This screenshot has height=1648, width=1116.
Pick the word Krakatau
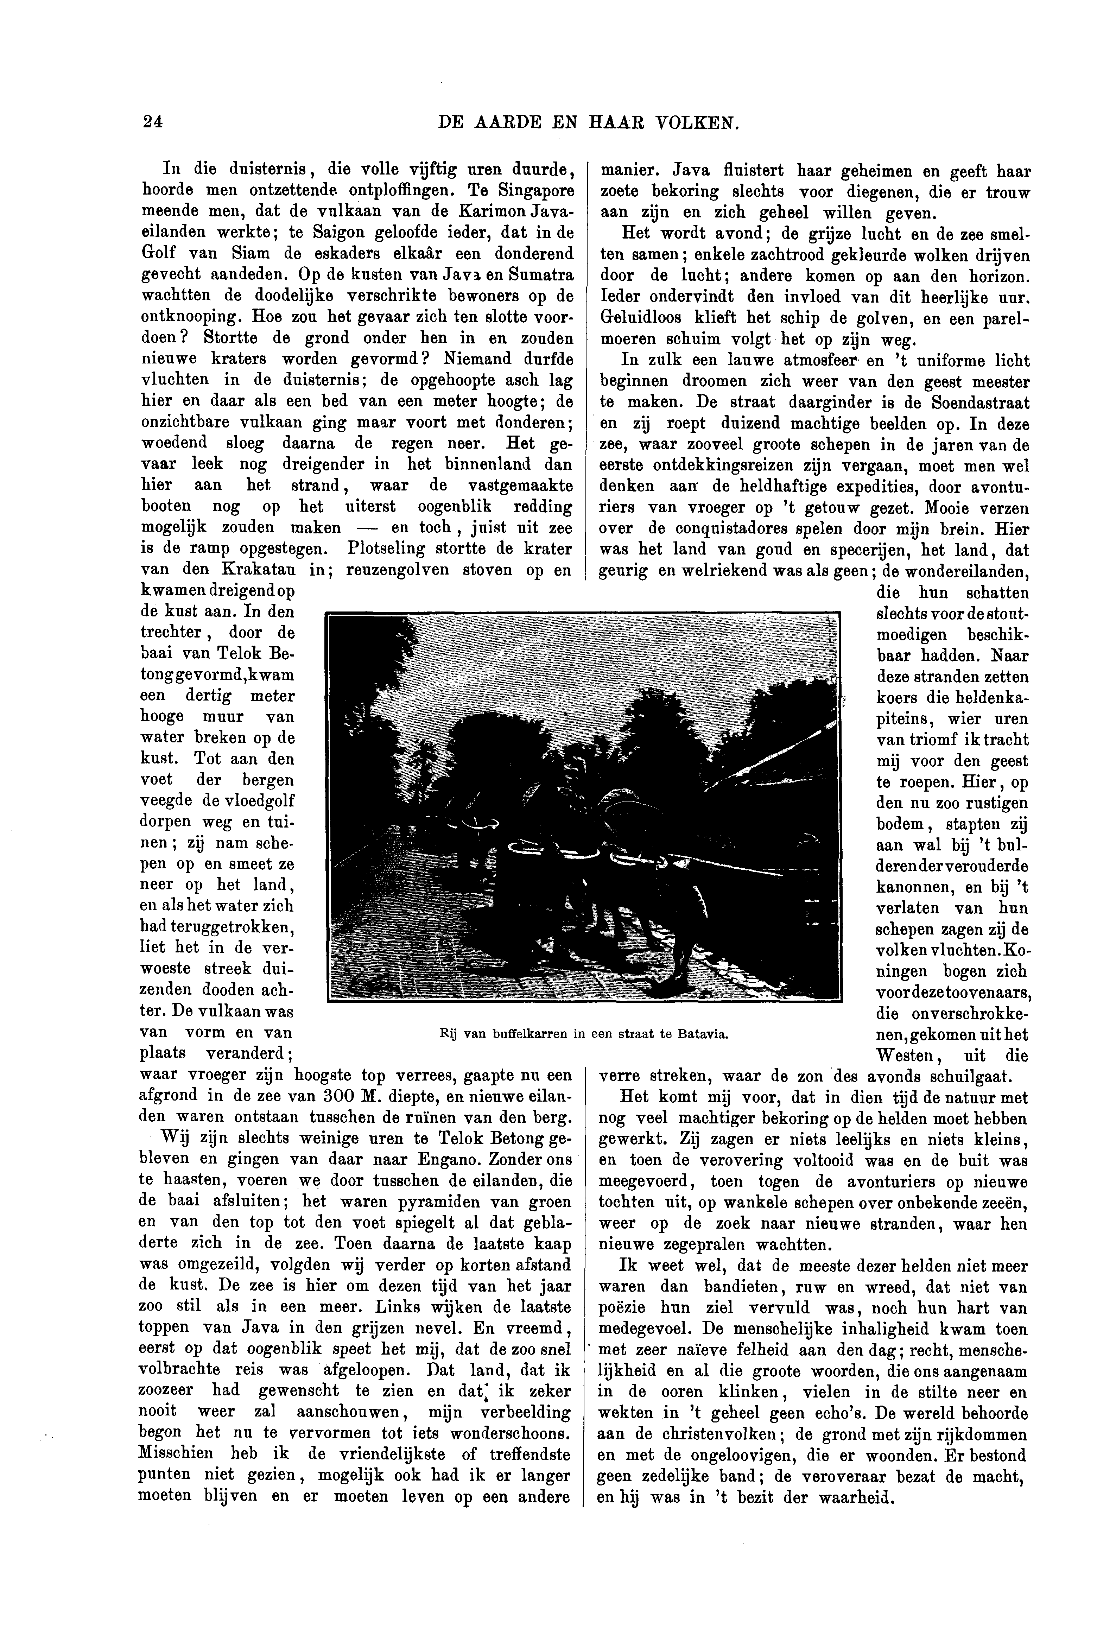(x=262, y=569)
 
